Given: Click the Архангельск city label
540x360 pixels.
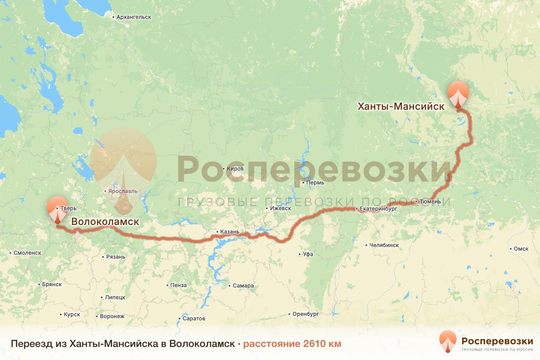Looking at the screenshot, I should [133, 17].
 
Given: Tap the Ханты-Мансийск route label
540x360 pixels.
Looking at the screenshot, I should [400, 107].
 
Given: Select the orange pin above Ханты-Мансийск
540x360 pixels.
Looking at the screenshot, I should [458, 94].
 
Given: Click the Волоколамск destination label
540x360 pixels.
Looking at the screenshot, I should [105, 222].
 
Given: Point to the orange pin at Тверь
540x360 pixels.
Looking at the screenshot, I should [57, 209].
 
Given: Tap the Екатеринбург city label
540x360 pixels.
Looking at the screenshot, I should [379, 209].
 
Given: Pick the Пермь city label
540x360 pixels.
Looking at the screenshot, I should [314, 183].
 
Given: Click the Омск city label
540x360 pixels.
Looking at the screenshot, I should [521, 249].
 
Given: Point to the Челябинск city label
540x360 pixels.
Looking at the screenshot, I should [384, 245].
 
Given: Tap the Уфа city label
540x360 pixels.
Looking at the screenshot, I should [308, 254].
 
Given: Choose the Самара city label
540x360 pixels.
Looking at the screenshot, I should [243, 286].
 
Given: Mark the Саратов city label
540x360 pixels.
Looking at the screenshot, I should [194, 319].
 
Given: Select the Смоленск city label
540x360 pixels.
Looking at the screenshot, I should [27, 253].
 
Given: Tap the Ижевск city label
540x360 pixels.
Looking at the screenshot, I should [280, 208].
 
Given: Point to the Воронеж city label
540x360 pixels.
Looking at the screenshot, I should [112, 316].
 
